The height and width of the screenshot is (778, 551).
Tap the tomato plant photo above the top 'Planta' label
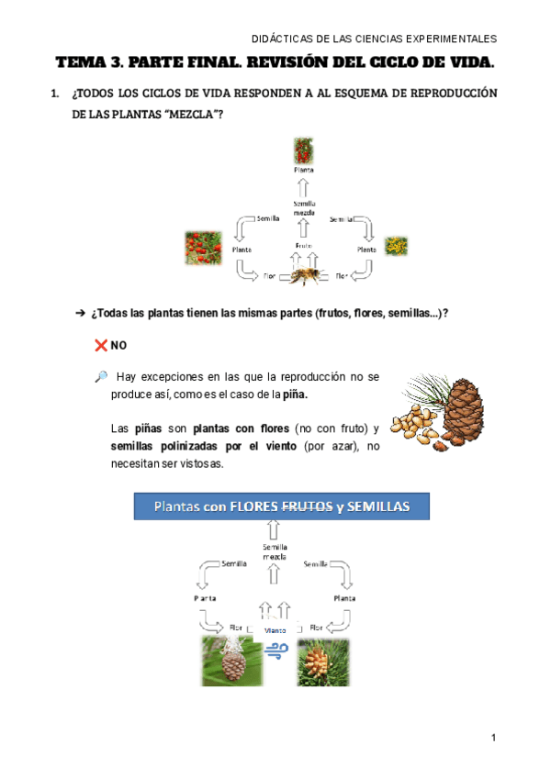coord(303,150)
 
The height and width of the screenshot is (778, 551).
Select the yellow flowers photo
coord(397,246)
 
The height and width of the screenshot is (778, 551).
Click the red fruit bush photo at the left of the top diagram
coord(203,246)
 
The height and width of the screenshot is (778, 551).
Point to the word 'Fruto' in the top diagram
coord(304,245)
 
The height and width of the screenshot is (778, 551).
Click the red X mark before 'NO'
coord(100,345)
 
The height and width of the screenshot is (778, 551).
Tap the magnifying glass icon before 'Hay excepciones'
coord(100,376)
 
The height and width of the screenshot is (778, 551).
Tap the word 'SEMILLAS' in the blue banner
coord(375,506)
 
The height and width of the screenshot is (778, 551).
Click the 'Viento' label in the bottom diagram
coord(275,630)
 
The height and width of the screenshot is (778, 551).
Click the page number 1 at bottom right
coord(493,737)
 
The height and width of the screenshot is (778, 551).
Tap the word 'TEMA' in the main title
coord(81,63)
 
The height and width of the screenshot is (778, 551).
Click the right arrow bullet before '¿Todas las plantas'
coord(79,313)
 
